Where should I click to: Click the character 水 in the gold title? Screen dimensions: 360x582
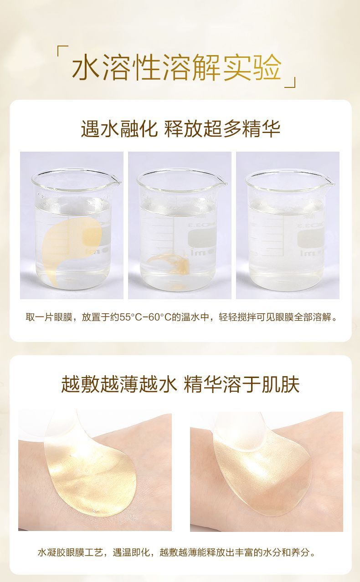point(86,66)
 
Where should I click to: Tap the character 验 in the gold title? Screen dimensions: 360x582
point(268,66)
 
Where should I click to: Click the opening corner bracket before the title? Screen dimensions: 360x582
point(62,51)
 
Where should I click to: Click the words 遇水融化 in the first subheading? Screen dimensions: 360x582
point(119,128)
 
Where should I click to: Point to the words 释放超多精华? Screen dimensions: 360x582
point(222,128)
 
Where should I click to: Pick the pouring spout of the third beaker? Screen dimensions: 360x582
point(329,181)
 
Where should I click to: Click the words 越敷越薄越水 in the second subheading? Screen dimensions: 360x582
point(119,384)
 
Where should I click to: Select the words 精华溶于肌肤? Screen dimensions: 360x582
point(242,384)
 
